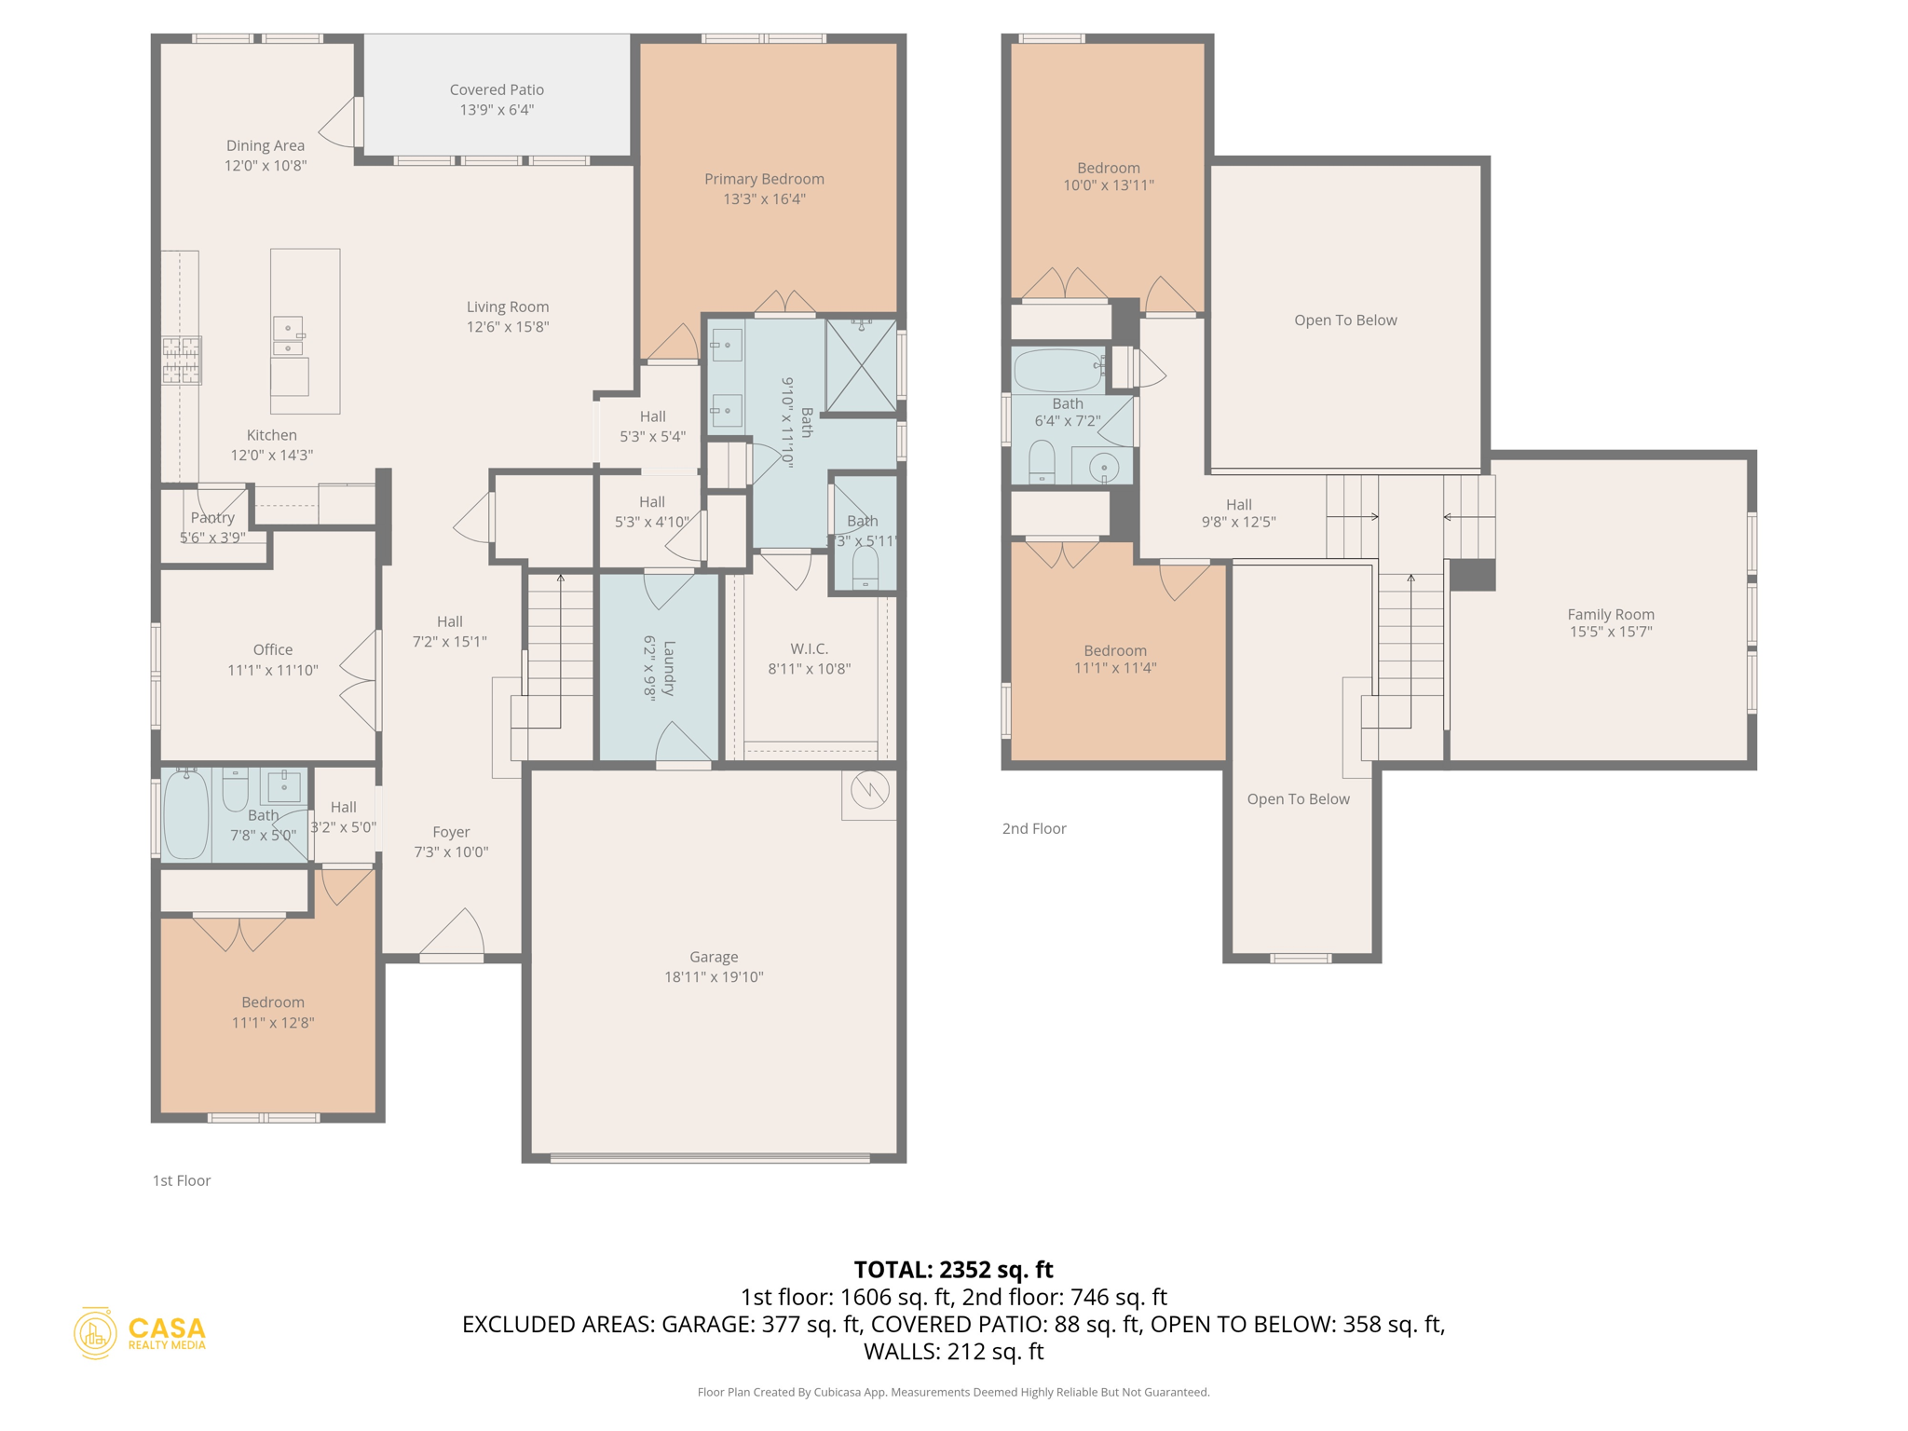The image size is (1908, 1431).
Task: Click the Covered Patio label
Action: click(497, 90)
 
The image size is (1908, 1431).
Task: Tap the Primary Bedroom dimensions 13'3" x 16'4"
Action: click(764, 199)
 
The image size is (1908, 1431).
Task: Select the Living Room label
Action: click(508, 307)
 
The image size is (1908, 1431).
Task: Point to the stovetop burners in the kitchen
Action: click(182, 361)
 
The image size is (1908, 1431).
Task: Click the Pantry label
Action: click(212, 518)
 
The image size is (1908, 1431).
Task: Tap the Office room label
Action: click(272, 650)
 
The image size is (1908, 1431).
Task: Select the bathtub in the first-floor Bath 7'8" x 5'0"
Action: click(186, 815)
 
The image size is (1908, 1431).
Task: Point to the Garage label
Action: click(714, 958)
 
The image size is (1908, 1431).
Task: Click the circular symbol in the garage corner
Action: click(869, 791)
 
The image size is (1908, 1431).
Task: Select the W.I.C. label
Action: click(809, 649)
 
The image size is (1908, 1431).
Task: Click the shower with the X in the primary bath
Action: click(861, 365)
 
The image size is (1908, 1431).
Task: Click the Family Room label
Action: click(1611, 615)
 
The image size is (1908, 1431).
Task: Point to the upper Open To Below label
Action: click(1345, 320)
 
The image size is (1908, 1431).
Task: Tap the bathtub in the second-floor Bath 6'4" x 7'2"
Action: click(1058, 370)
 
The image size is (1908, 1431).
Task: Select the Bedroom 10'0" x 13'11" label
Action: click(1109, 169)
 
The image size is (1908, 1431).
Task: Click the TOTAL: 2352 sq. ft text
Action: click(953, 1270)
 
